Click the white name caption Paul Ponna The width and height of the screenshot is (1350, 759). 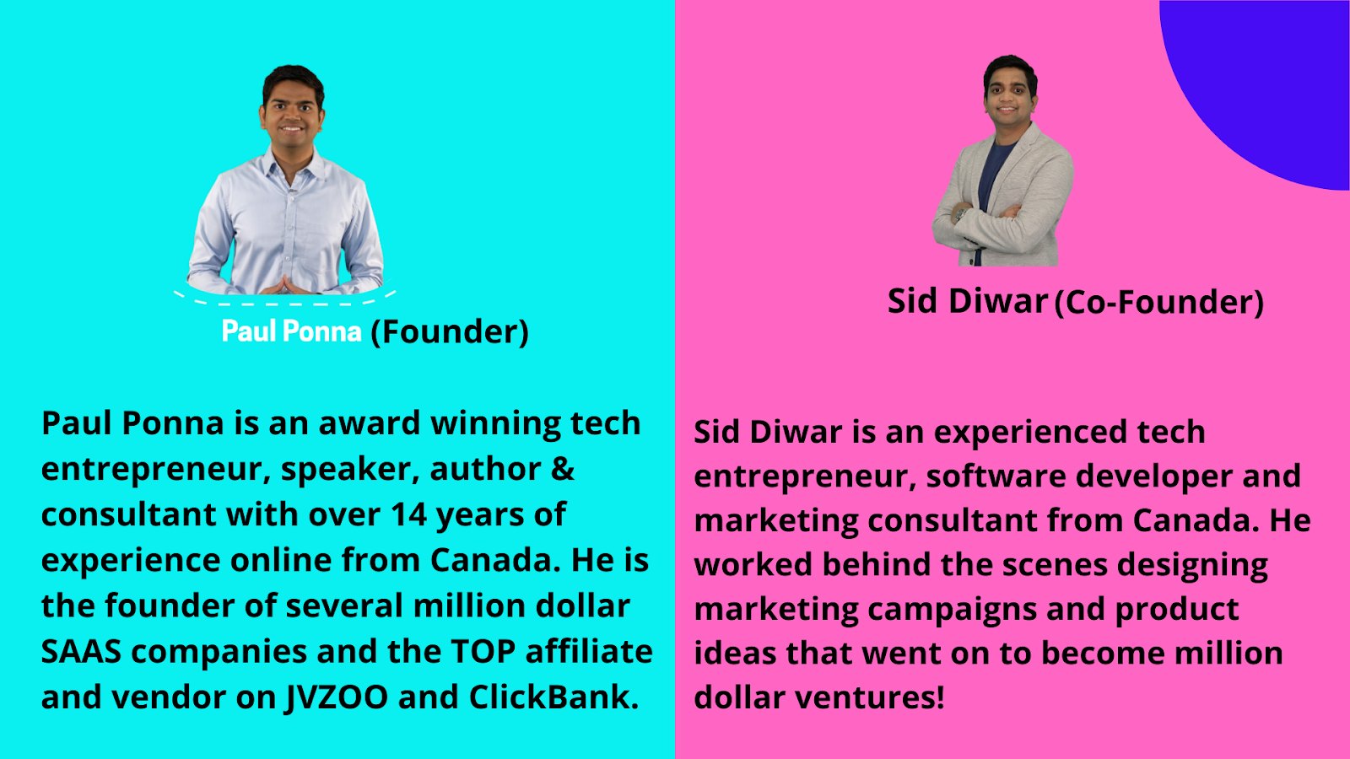pos(292,331)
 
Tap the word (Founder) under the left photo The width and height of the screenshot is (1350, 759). pos(450,332)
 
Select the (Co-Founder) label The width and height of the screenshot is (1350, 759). pos(1159,303)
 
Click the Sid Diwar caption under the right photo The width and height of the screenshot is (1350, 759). pos(968,300)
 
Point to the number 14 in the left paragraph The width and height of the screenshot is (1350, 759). pos(409,514)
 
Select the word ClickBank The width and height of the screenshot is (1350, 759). pos(553,697)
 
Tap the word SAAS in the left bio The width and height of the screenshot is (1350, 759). pos(81,652)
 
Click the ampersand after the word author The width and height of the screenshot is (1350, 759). pos(562,469)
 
